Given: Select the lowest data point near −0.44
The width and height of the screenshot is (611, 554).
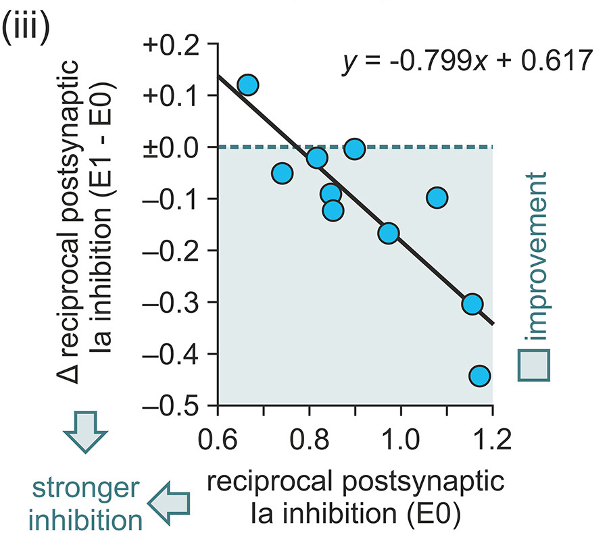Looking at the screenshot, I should (x=479, y=376).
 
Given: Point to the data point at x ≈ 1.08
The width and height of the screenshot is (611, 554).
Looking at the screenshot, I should (x=437, y=198).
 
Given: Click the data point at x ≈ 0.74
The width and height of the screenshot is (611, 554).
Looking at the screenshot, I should (x=282, y=174).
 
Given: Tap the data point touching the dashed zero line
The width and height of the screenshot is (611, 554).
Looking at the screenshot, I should (x=354, y=149).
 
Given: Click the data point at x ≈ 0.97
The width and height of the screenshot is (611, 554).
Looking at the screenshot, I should (x=388, y=233).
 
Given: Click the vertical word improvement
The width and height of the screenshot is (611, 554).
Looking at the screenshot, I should (x=535, y=256).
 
